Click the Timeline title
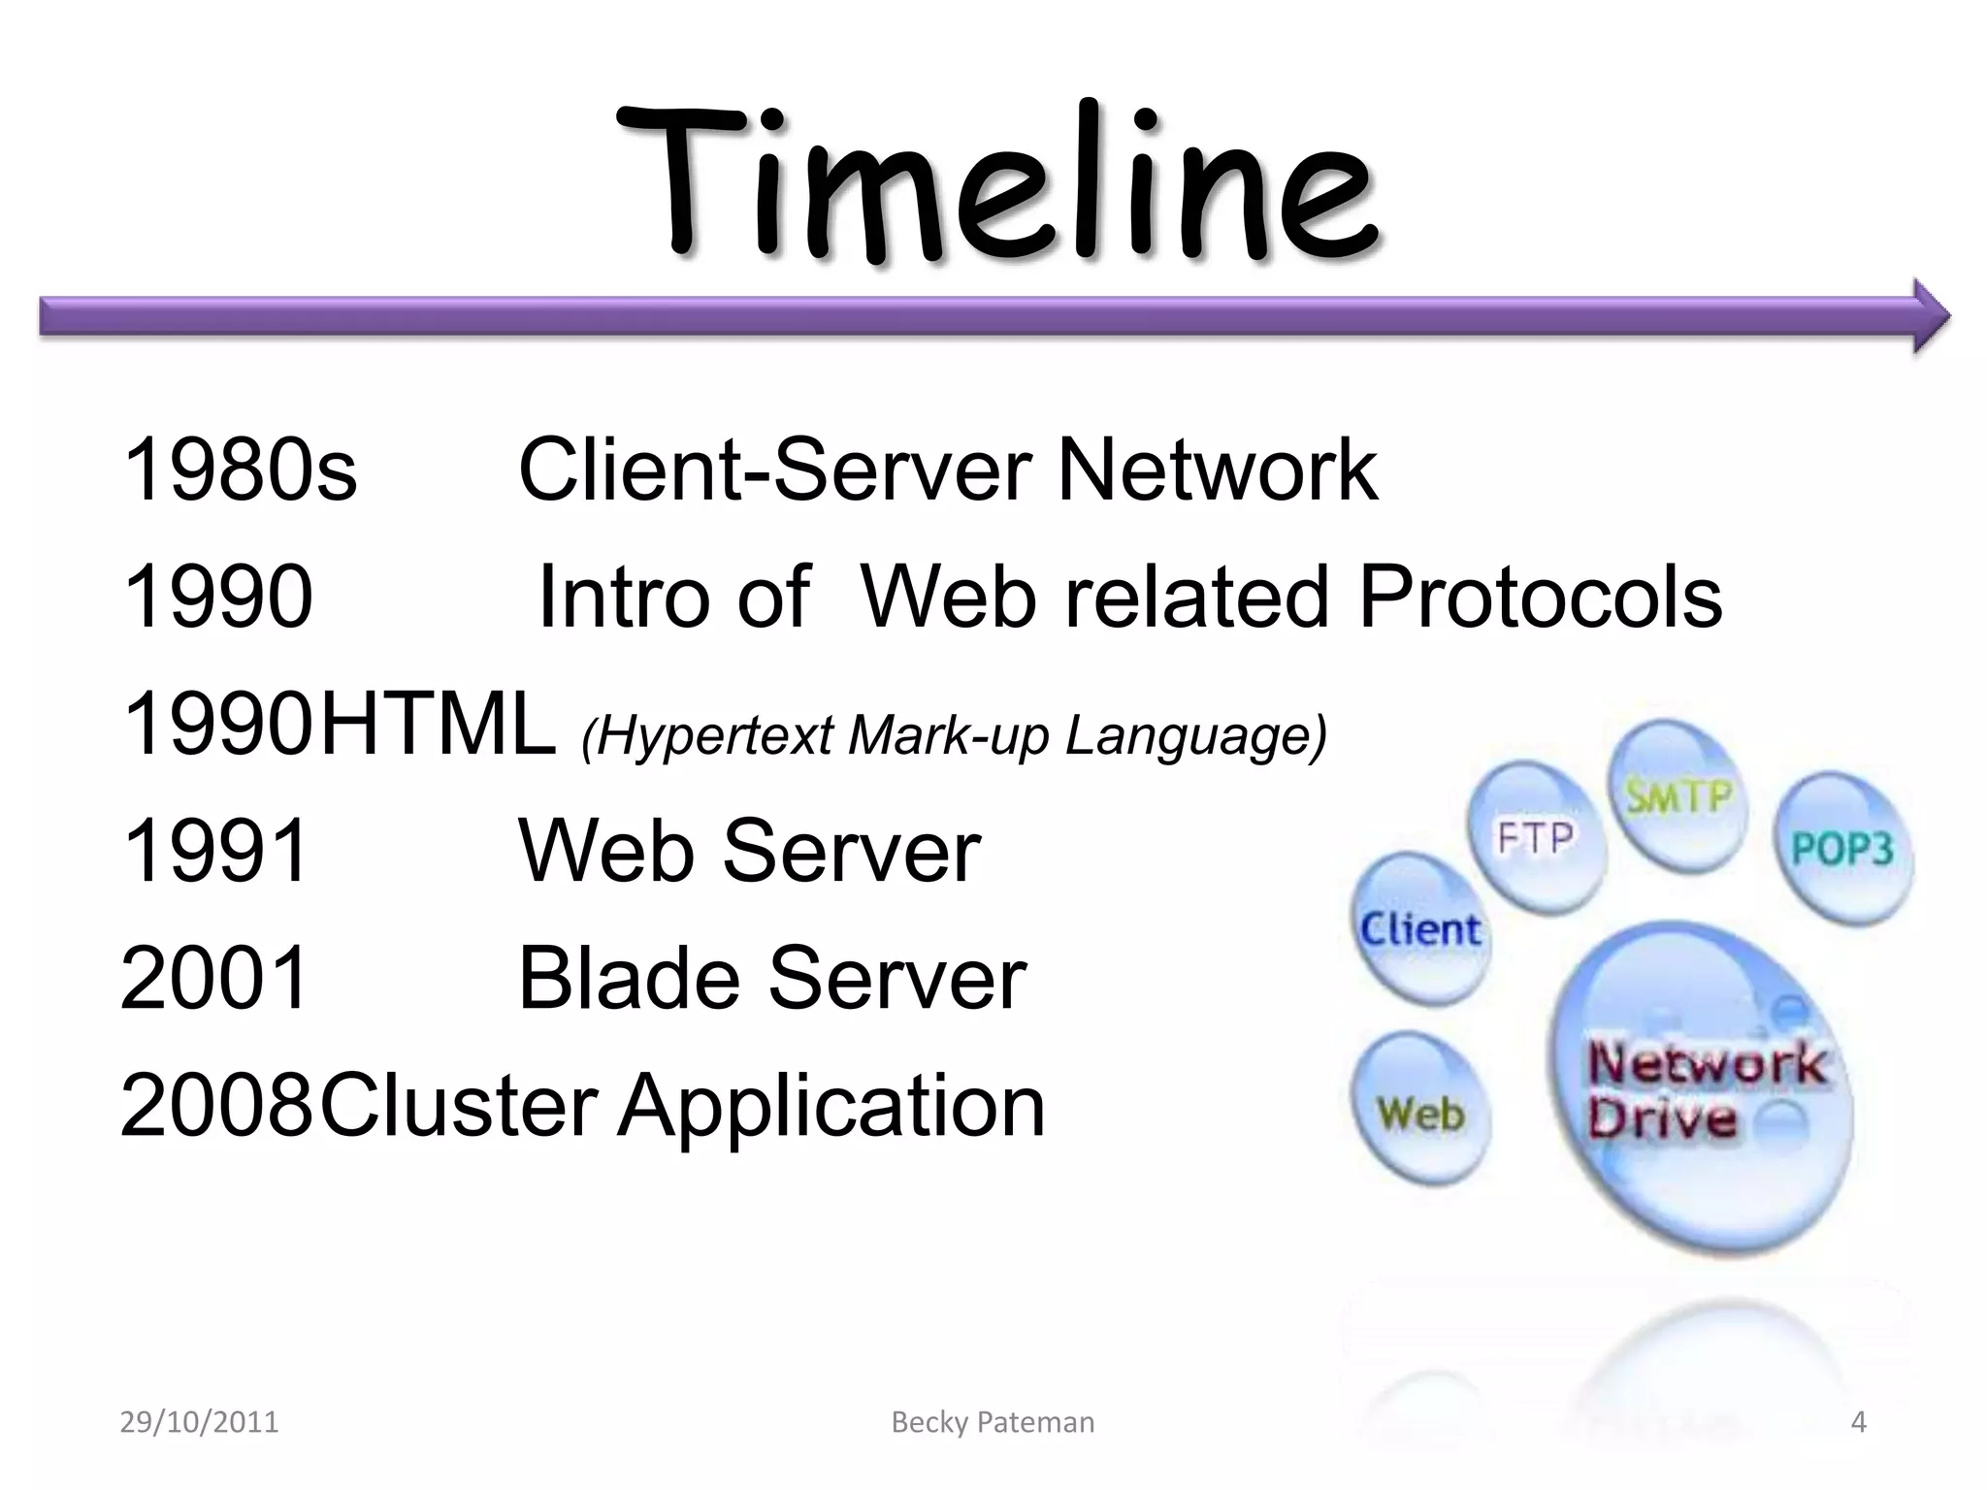994,184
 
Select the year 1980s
240,470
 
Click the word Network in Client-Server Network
1217,470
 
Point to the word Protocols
1540,598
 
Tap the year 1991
215,851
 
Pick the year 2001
215,978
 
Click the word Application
832,1106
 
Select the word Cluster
459,1106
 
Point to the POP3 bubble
1841,849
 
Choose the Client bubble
1420,929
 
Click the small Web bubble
1420,1113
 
